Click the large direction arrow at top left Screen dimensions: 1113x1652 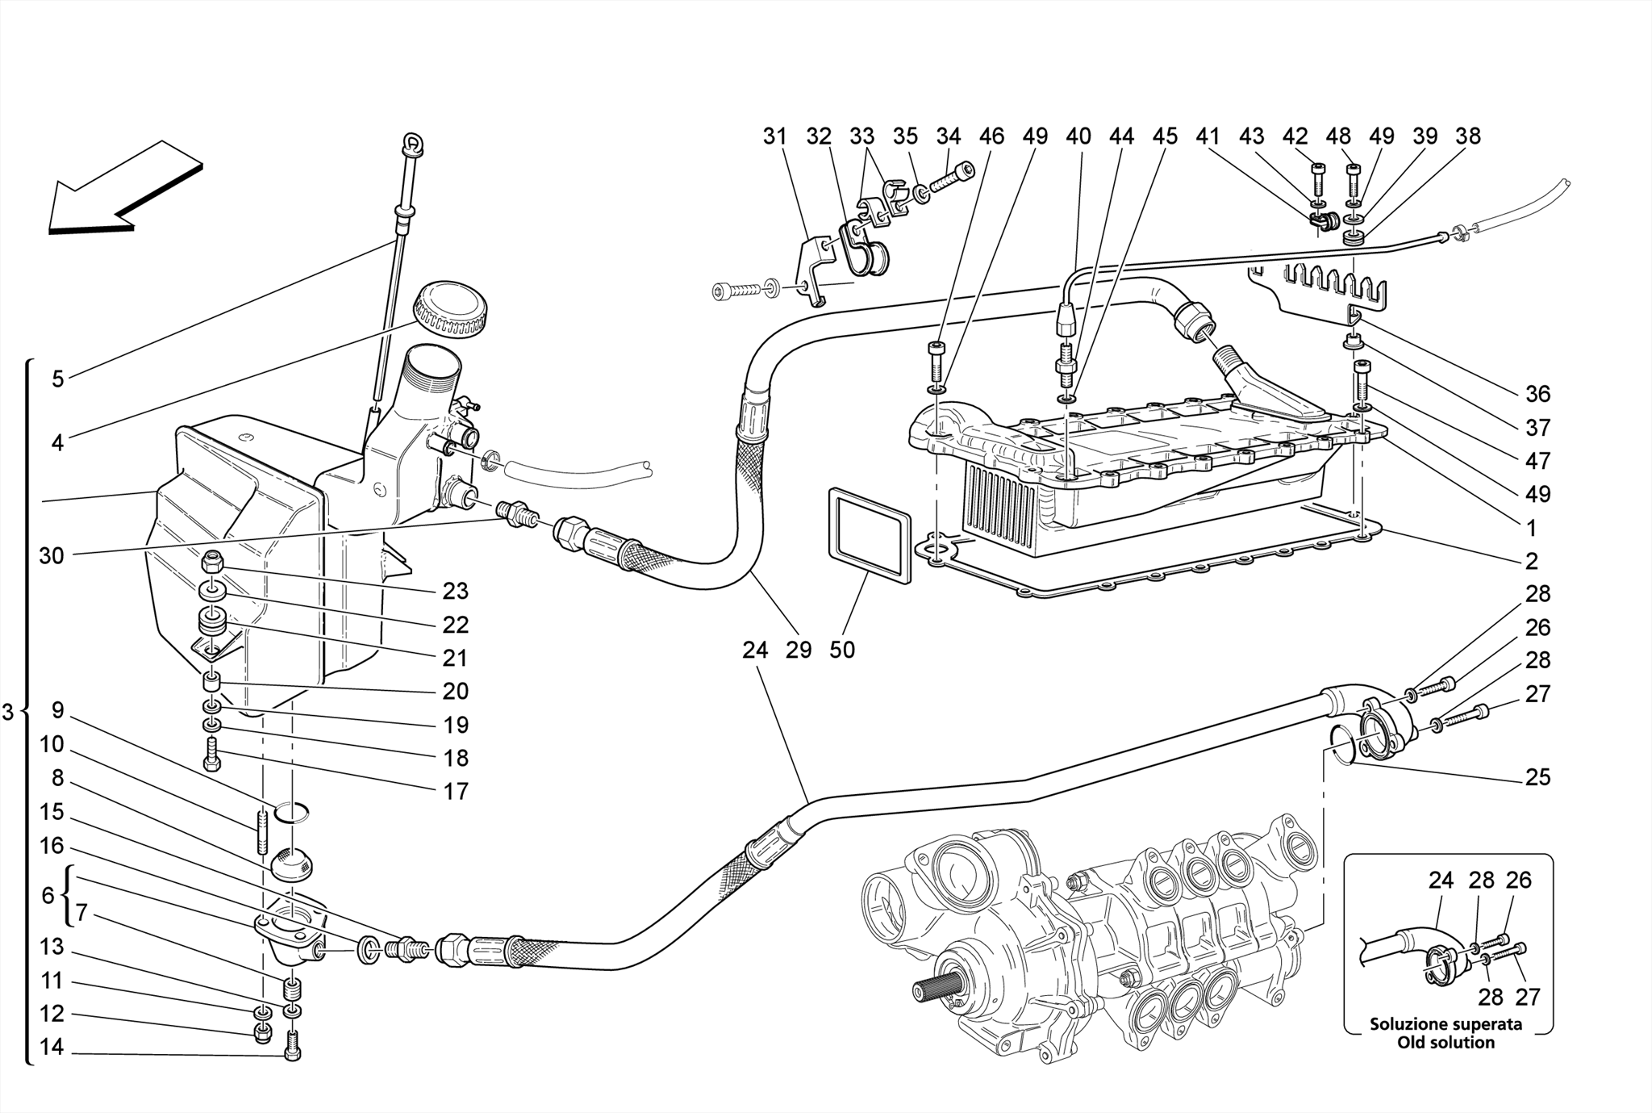tap(121, 190)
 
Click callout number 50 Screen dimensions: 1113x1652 tap(841, 650)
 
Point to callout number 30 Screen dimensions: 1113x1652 tap(51, 555)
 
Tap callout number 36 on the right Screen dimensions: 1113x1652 tap(1537, 394)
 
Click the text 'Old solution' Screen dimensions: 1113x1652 tap(1446, 1042)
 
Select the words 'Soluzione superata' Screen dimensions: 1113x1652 tap(1446, 1023)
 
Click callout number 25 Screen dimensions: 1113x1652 tap(1537, 776)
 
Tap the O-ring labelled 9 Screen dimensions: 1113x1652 tap(291, 811)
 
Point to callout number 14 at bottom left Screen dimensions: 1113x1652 tap(51, 1047)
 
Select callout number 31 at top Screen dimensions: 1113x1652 tap(774, 136)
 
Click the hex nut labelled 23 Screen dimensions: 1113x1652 tap(213, 559)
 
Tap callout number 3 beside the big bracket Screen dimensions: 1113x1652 tap(8, 712)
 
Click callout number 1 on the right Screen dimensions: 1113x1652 tap(1530, 528)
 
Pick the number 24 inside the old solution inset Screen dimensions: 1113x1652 tap(1441, 880)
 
